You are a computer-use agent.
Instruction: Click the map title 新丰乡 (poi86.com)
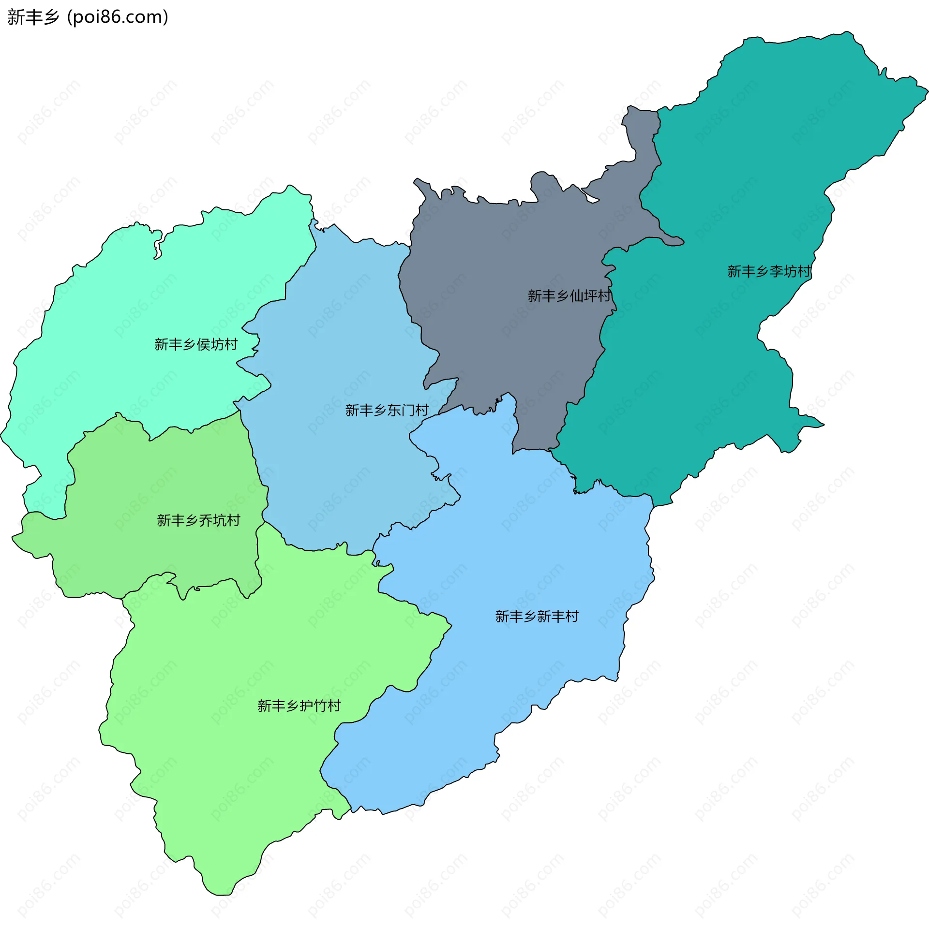point(88,17)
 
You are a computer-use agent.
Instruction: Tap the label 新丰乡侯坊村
point(196,344)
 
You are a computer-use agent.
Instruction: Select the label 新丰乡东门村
point(387,410)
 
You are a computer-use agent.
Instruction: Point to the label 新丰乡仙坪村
point(569,295)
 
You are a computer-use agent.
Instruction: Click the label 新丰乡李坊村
point(769,271)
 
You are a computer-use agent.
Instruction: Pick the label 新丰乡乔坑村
point(198,520)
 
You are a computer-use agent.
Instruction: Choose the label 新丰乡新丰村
point(537,616)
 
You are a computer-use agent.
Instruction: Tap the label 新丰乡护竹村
point(299,706)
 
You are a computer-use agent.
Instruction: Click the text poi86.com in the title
point(118,17)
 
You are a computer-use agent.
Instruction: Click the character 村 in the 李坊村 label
point(804,271)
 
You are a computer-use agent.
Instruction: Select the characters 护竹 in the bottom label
point(313,706)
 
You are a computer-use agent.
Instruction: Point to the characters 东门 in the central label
point(401,410)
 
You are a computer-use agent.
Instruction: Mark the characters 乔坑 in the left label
point(212,520)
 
